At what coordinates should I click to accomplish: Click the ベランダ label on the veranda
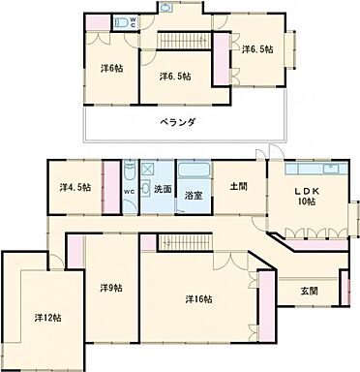coord(178,122)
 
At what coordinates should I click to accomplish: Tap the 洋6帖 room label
coord(112,68)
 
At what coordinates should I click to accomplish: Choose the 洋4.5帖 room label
coord(74,187)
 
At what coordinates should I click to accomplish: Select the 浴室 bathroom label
coord(194,194)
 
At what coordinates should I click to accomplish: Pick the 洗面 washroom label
coord(162,190)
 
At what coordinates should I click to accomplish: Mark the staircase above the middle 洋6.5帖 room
coord(178,40)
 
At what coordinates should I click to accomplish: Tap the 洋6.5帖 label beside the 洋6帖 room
coord(175,75)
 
